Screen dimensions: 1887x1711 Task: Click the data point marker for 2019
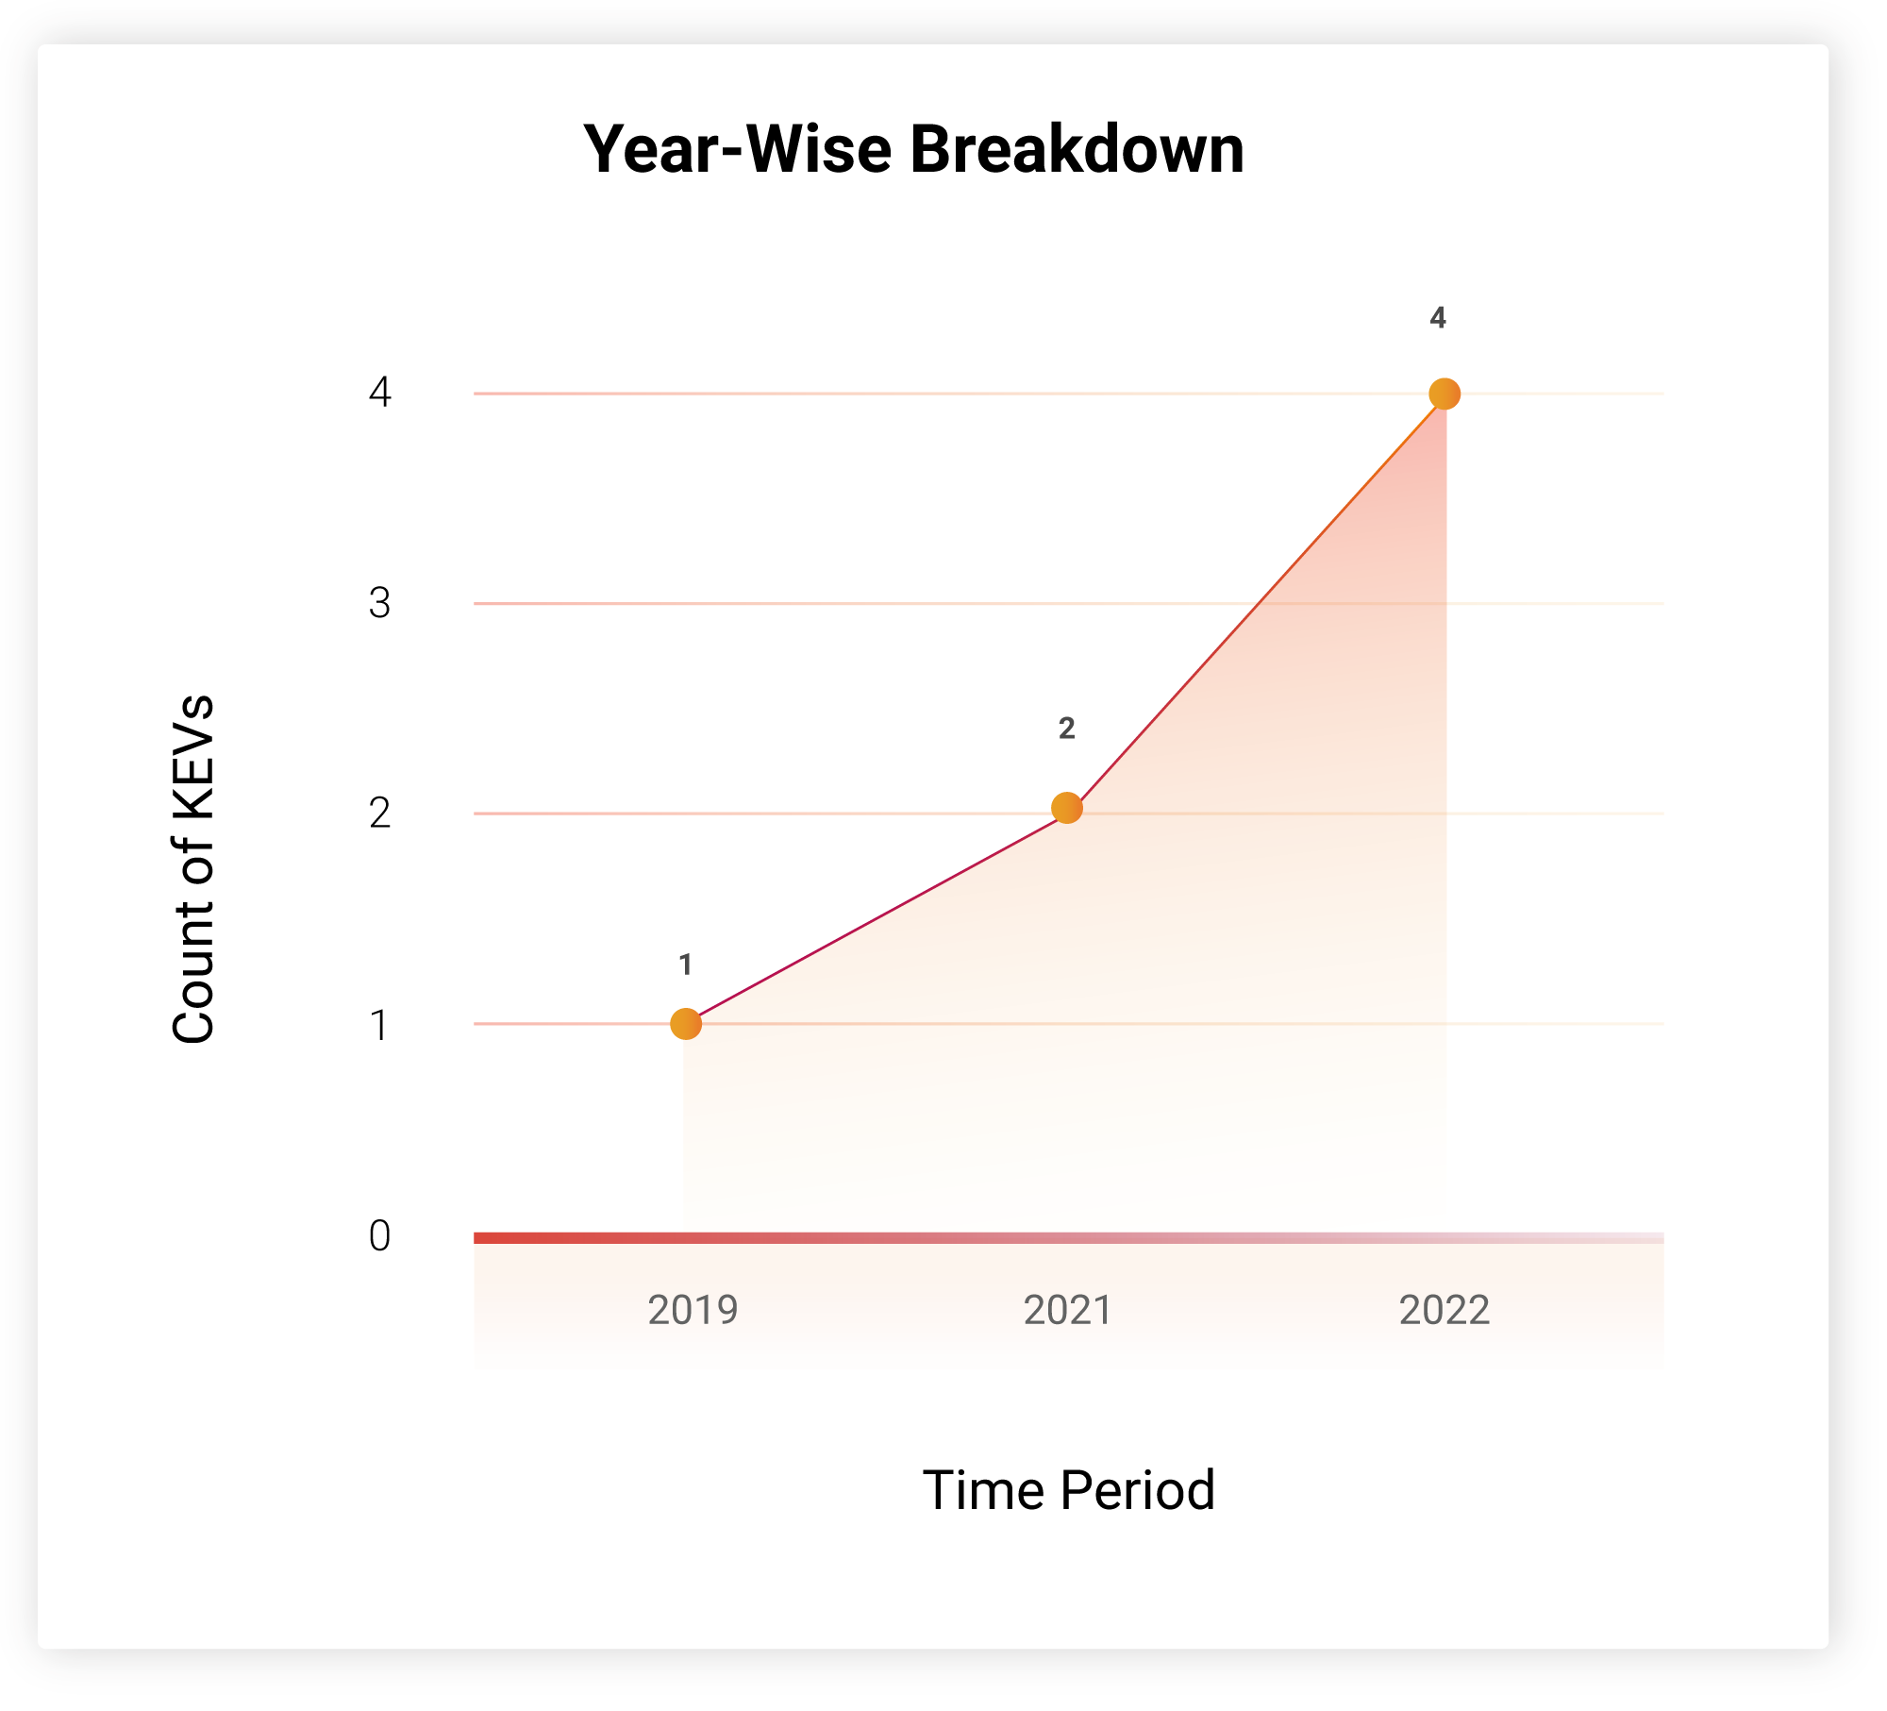click(686, 1024)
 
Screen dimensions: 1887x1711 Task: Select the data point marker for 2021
click(1067, 808)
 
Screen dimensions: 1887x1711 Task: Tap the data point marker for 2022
click(1444, 394)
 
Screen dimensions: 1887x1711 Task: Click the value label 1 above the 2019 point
click(686, 965)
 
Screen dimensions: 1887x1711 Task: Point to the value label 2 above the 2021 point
click(1067, 728)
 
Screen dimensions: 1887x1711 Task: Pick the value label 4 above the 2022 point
click(1438, 318)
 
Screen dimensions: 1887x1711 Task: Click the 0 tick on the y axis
click(379, 1235)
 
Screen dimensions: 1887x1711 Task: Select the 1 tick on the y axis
click(379, 1025)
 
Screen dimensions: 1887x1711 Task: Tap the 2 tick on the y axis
click(379, 813)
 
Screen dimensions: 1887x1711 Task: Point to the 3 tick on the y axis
click(379, 603)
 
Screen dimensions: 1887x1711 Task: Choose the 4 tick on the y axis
click(379, 392)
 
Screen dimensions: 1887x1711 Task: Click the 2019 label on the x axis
click(693, 1310)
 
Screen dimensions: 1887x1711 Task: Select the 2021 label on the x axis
click(1068, 1310)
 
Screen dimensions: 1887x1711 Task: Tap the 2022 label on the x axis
click(1444, 1310)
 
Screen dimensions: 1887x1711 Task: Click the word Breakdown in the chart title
click(1077, 149)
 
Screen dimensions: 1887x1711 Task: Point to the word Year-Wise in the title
click(738, 149)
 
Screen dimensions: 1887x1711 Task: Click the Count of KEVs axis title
click(193, 869)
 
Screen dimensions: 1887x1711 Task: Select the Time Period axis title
click(1069, 1490)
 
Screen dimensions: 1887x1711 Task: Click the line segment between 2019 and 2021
click(877, 916)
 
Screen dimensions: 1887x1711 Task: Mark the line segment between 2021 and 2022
click(1256, 601)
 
